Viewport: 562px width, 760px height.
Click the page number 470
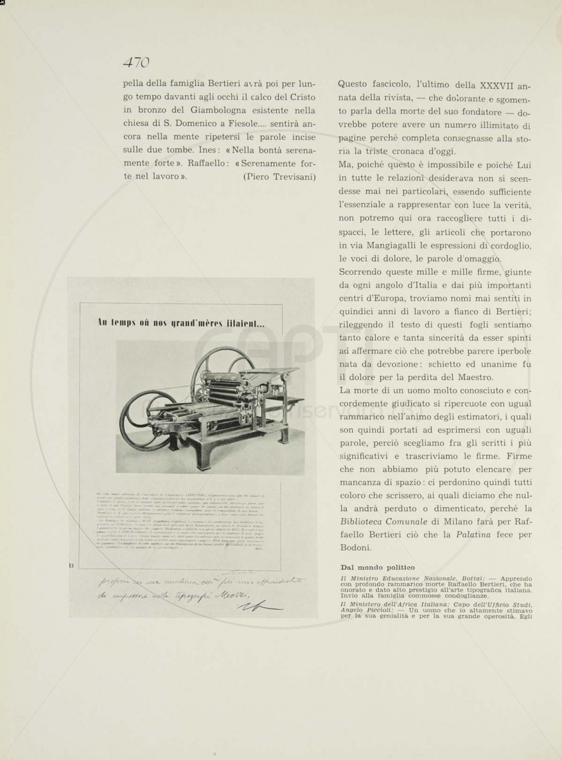click(136, 62)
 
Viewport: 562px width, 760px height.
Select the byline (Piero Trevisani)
click(279, 177)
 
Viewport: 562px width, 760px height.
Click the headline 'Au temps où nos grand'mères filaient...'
click(181, 323)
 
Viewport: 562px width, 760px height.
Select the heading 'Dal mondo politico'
click(377, 567)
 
